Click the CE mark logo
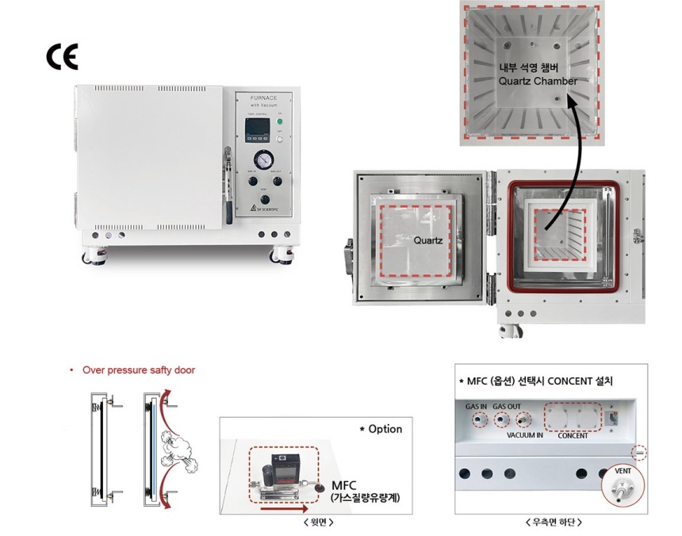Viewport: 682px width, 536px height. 63,57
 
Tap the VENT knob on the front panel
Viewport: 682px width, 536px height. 264,201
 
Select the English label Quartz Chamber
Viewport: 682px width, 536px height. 537,81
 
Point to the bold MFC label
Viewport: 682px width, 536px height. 346,484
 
